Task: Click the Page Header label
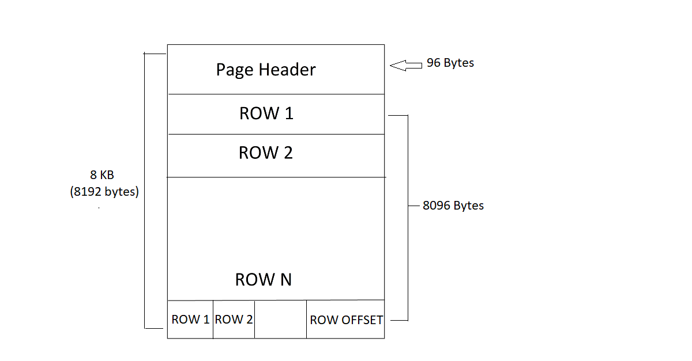pyautogui.click(x=266, y=70)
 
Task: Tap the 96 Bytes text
pyautogui.click(x=450, y=63)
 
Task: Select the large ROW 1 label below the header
pyautogui.click(x=266, y=113)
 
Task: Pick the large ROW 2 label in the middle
pyautogui.click(x=265, y=153)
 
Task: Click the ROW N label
pyautogui.click(x=264, y=280)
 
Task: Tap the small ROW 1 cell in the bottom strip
pyautogui.click(x=190, y=320)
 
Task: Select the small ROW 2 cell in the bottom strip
pyautogui.click(x=234, y=320)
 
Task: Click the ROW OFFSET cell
pyautogui.click(x=346, y=320)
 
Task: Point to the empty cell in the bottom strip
pyautogui.click(x=280, y=320)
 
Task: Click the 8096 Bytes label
pyautogui.click(x=453, y=206)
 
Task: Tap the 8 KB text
pyautogui.click(x=101, y=176)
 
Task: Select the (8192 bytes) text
pyautogui.click(x=104, y=192)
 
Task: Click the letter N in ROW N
pyautogui.click(x=285, y=280)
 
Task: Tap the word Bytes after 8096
pyautogui.click(x=469, y=206)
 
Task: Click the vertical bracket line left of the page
pyautogui.click(x=144, y=190)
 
